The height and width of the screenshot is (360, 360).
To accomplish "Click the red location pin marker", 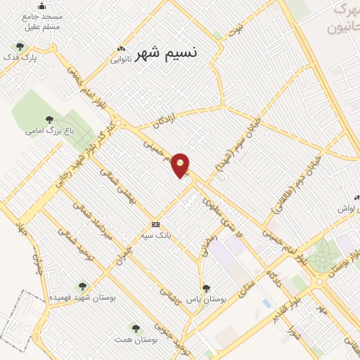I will click(181, 165).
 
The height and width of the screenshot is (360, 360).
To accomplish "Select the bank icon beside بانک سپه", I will click(155, 224).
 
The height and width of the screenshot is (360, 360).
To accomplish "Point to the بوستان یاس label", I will click(209, 299).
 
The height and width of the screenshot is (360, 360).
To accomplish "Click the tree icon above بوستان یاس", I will click(206, 288).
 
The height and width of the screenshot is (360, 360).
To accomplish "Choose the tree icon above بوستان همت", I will click(134, 328).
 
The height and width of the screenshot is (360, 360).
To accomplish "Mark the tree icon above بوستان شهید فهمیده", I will click(82, 286).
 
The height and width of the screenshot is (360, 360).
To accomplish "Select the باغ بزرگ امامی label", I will click(49, 130).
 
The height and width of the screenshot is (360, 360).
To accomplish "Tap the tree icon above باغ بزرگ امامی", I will click(49, 119).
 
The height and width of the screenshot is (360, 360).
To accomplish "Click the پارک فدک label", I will click(20, 57).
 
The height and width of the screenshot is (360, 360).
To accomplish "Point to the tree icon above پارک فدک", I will click(19, 46).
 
